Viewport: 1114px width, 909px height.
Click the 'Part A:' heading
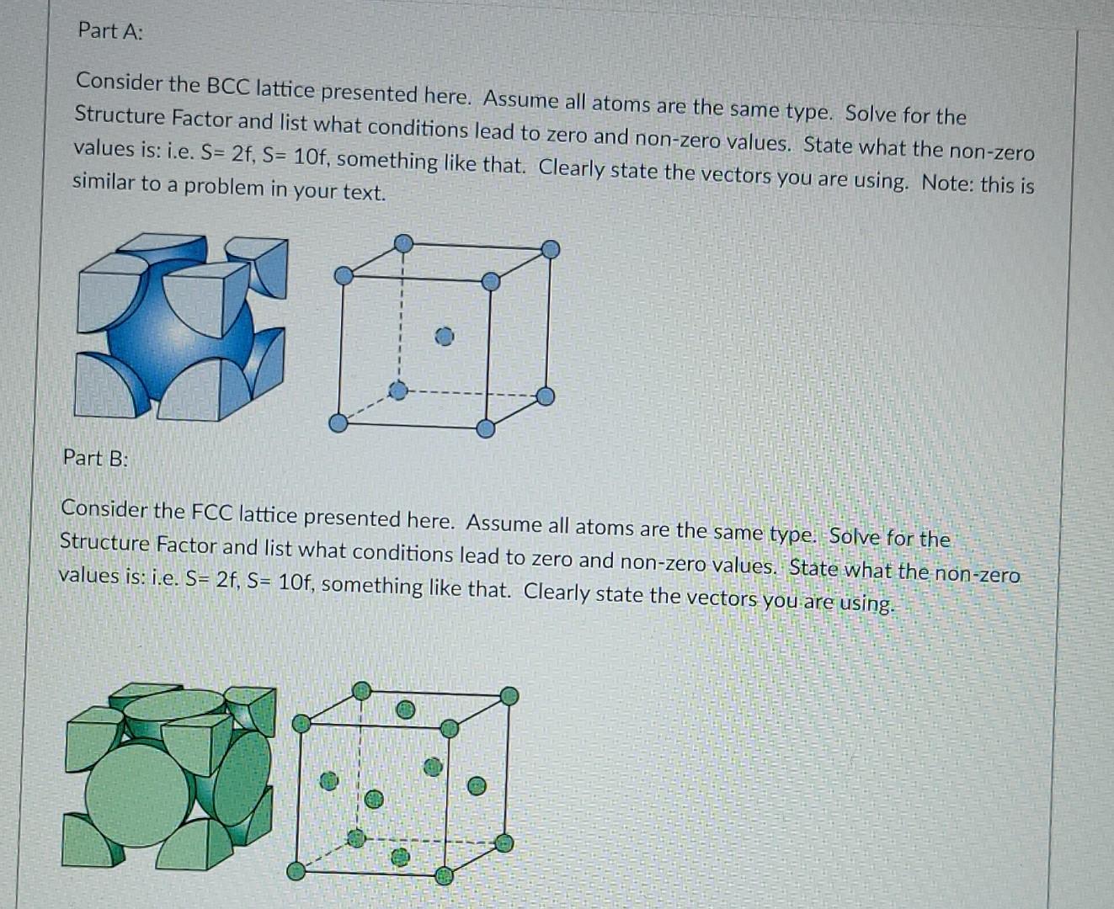pos(110,31)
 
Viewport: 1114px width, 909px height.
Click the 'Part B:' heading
pos(95,458)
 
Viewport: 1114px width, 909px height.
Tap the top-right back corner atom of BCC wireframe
pos(550,249)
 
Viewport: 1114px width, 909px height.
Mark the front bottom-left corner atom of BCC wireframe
pos(338,423)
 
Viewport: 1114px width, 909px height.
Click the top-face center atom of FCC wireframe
pos(406,710)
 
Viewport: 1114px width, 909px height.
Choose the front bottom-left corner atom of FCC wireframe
pos(296,871)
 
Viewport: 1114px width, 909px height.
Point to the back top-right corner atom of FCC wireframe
pos(509,696)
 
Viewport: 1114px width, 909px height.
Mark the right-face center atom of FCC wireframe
pos(477,786)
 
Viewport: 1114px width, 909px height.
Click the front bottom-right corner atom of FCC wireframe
pos(444,876)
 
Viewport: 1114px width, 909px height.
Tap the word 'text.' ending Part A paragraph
pos(364,192)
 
